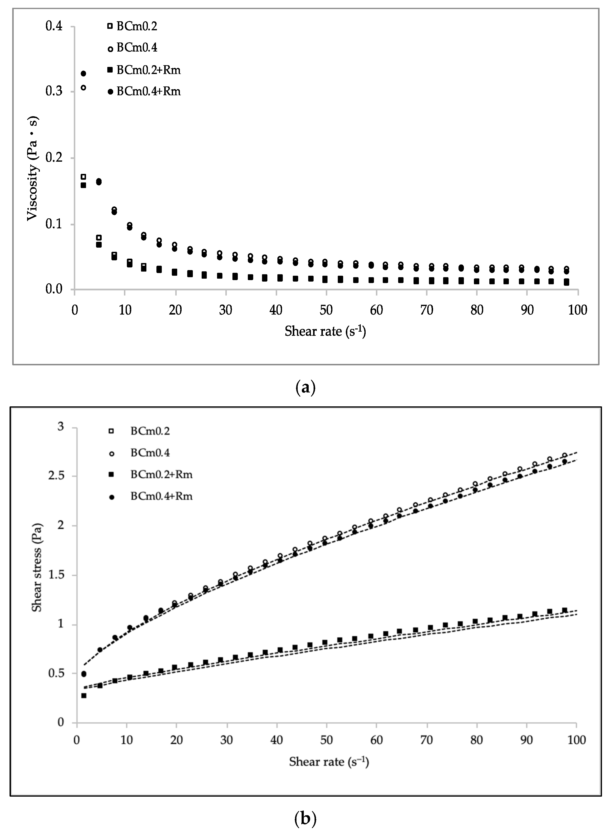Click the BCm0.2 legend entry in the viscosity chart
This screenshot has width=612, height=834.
(x=136, y=26)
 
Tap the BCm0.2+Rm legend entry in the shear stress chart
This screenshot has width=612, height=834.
(x=161, y=474)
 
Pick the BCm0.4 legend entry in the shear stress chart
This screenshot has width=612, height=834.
(x=150, y=453)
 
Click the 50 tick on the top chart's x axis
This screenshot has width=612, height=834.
(x=326, y=310)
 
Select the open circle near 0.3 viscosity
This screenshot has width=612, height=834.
(x=83, y=88)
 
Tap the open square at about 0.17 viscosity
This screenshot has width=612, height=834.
(x=83, y=177)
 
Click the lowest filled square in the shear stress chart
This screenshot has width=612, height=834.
(x=84, y=695)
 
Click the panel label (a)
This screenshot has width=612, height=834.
(x=306, y=388)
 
